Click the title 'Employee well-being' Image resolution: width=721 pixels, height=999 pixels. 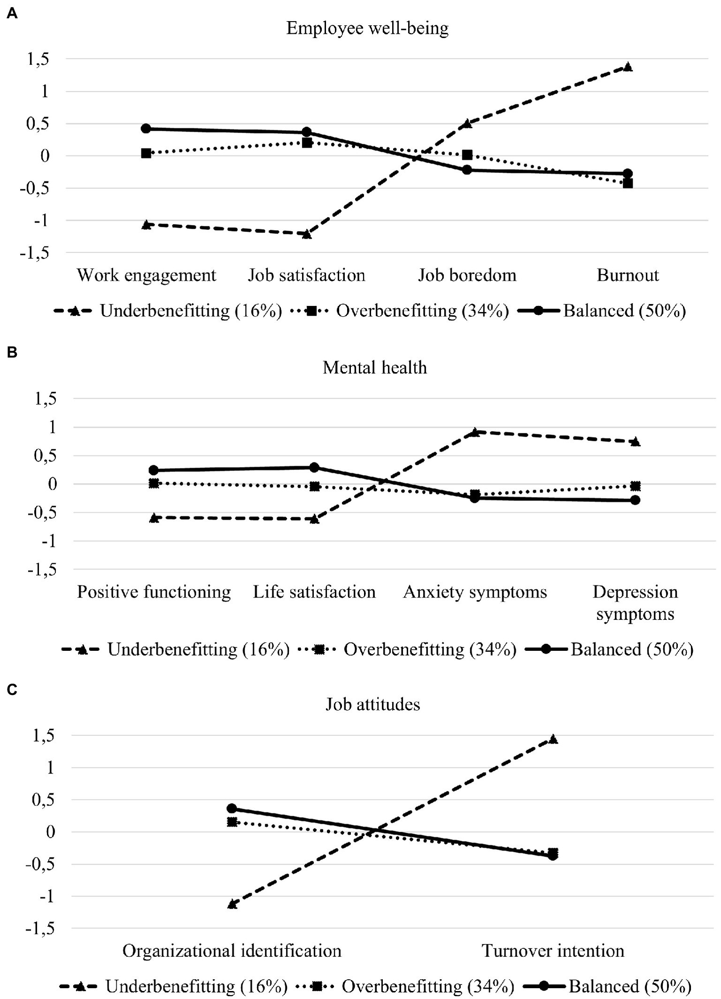[367, 28]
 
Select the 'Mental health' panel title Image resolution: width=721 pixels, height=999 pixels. [375, 367]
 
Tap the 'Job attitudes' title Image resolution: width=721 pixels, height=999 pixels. [373, 704]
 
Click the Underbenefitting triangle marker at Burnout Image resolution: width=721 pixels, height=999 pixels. [628, 67]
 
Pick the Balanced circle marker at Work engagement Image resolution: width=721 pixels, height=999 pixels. [146, 128]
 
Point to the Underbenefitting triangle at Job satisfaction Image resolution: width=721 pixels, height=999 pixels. [307, 234]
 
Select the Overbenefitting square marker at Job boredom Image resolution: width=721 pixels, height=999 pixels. [467, 155]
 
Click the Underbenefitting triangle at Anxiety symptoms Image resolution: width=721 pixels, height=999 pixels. [475, 432]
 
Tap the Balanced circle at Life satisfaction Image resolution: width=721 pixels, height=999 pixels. [314, 467]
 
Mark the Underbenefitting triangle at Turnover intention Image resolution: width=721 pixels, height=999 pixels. [553, 740]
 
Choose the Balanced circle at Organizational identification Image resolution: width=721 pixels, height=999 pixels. [232, 808]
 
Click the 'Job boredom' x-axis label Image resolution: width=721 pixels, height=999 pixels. [467, 275]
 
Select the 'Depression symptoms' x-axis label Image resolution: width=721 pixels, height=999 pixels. [635, 602]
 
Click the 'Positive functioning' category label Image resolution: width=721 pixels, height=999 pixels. [154, 592]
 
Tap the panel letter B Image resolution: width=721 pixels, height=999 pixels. [12, 352]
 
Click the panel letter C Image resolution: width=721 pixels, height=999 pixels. [12, 689]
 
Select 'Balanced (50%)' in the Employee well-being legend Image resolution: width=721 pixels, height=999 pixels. [625, 311]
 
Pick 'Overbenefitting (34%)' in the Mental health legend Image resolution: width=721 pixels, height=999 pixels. [430, 649]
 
